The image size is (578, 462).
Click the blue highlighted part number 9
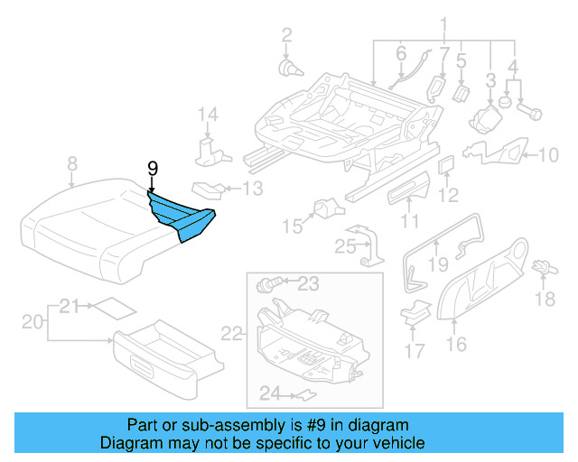(x=184, y=214)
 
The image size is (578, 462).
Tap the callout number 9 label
(x=153, y=168)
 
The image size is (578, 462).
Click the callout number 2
(x=287, y=35)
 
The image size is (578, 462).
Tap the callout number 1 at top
(x=443, y=23)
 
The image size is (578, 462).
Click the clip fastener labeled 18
(x=545, y=267)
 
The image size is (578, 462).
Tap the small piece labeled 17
(x=415, y=315)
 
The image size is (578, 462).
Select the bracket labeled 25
(x=368, y=247)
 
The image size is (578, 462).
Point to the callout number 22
(x=233, y=334)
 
